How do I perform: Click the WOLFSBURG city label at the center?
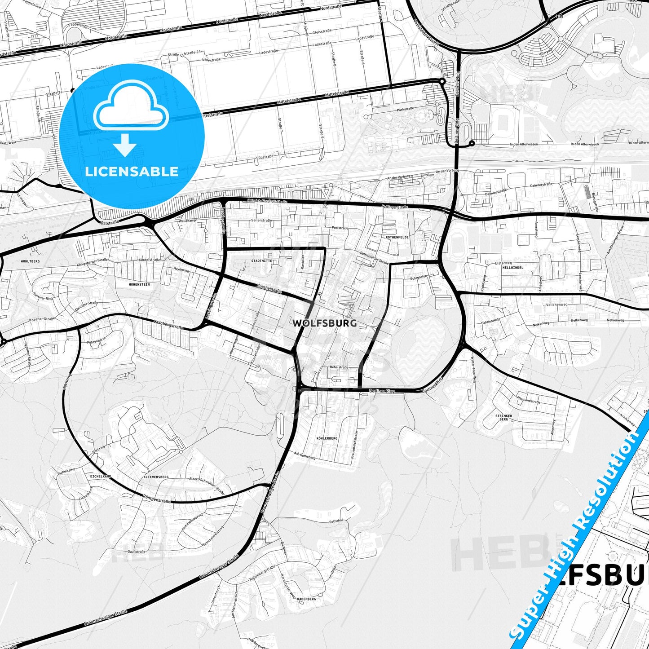325,323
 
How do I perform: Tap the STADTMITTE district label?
261,260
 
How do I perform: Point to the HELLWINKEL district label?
512,267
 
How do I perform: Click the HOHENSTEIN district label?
139,284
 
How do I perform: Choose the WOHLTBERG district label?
31,261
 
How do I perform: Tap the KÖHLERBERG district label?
327,438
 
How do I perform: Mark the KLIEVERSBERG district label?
156,477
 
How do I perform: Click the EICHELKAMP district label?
101,476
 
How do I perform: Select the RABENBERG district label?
307,599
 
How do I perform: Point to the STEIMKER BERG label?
503,418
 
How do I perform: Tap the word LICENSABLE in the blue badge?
132,171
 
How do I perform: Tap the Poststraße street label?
340,228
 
